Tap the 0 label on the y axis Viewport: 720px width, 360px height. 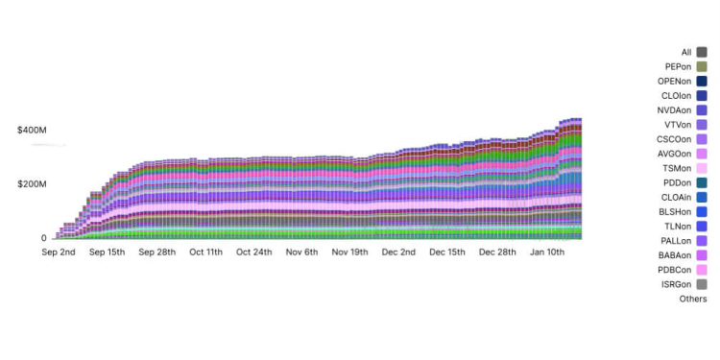click(42, 238)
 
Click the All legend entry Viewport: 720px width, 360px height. click(685, 53)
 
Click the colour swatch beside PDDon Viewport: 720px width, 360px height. click(702, 182)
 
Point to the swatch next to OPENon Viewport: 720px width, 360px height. click(702, 82)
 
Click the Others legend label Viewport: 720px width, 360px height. click(691, 299)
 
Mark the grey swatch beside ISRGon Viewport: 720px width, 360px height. click(702, 284)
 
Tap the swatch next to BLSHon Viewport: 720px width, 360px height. click(702, 211)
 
